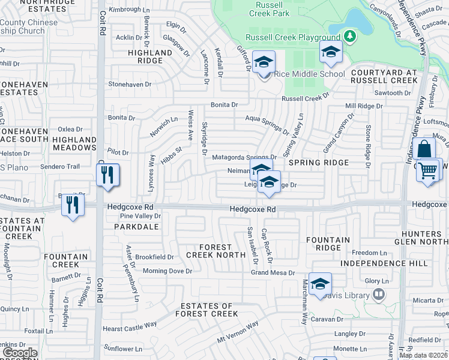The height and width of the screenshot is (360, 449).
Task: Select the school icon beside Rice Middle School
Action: click(x=264, y=62)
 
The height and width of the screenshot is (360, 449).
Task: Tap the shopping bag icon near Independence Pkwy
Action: click(x=424, y=149)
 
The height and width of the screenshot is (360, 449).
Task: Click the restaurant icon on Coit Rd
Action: click(x=107, y=175)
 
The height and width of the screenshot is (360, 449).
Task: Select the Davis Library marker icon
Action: click(x=378, y=294)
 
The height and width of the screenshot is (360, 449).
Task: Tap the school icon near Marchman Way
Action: click(x=321, y=284)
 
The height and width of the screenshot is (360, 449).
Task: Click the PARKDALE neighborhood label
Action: click(x=139, y=227)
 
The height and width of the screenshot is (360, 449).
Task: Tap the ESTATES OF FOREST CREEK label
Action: click(x=207, y=310)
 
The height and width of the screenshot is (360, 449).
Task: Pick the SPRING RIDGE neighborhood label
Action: click(x=319, y=163)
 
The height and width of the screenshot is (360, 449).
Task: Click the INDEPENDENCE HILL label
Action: click(x=384, y=263)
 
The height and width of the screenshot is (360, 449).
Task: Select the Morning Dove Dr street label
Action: click(x=167, y=271)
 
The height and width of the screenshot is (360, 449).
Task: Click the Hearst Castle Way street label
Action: click(x=130, y=326)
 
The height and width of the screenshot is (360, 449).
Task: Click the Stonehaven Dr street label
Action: click(x=129, y=85)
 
